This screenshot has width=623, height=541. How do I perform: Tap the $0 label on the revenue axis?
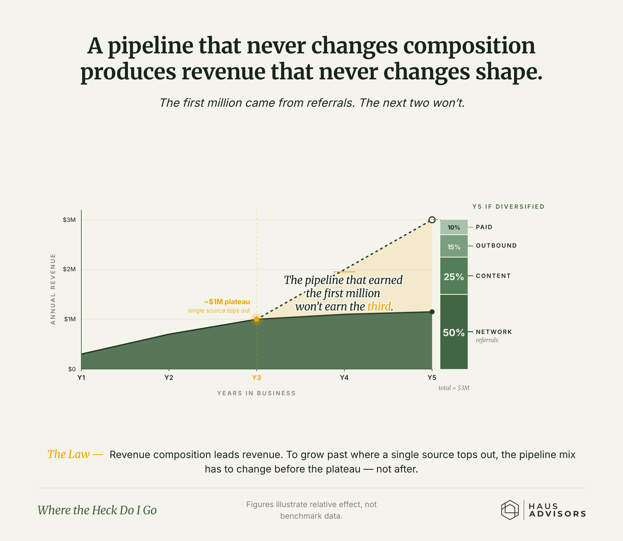coord(72,369)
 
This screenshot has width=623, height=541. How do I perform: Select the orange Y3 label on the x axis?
coord(256,378)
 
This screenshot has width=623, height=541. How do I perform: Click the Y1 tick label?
coord(81,378)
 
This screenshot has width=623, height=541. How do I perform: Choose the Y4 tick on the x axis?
coord(344,378)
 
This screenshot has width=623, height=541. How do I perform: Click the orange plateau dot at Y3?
coord(256,319)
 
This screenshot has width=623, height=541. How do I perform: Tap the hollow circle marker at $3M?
coord(432,220)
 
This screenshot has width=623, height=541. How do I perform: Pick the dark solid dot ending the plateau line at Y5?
coord(432,312)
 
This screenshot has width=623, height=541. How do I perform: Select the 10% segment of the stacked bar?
coord(454,227)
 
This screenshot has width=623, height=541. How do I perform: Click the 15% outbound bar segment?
coord(454,246)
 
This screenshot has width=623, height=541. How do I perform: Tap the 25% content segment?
coord(454,276)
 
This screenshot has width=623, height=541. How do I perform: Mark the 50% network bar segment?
coord(454,332)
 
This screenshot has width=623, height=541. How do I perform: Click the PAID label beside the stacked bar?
coord(484,227)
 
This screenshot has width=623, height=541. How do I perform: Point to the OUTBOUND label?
coord(496,246)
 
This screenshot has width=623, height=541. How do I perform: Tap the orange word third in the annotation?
coord(379,306)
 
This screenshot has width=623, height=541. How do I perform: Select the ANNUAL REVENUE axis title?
coord(53,289)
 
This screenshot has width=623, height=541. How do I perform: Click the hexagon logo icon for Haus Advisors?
coord(510,510)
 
